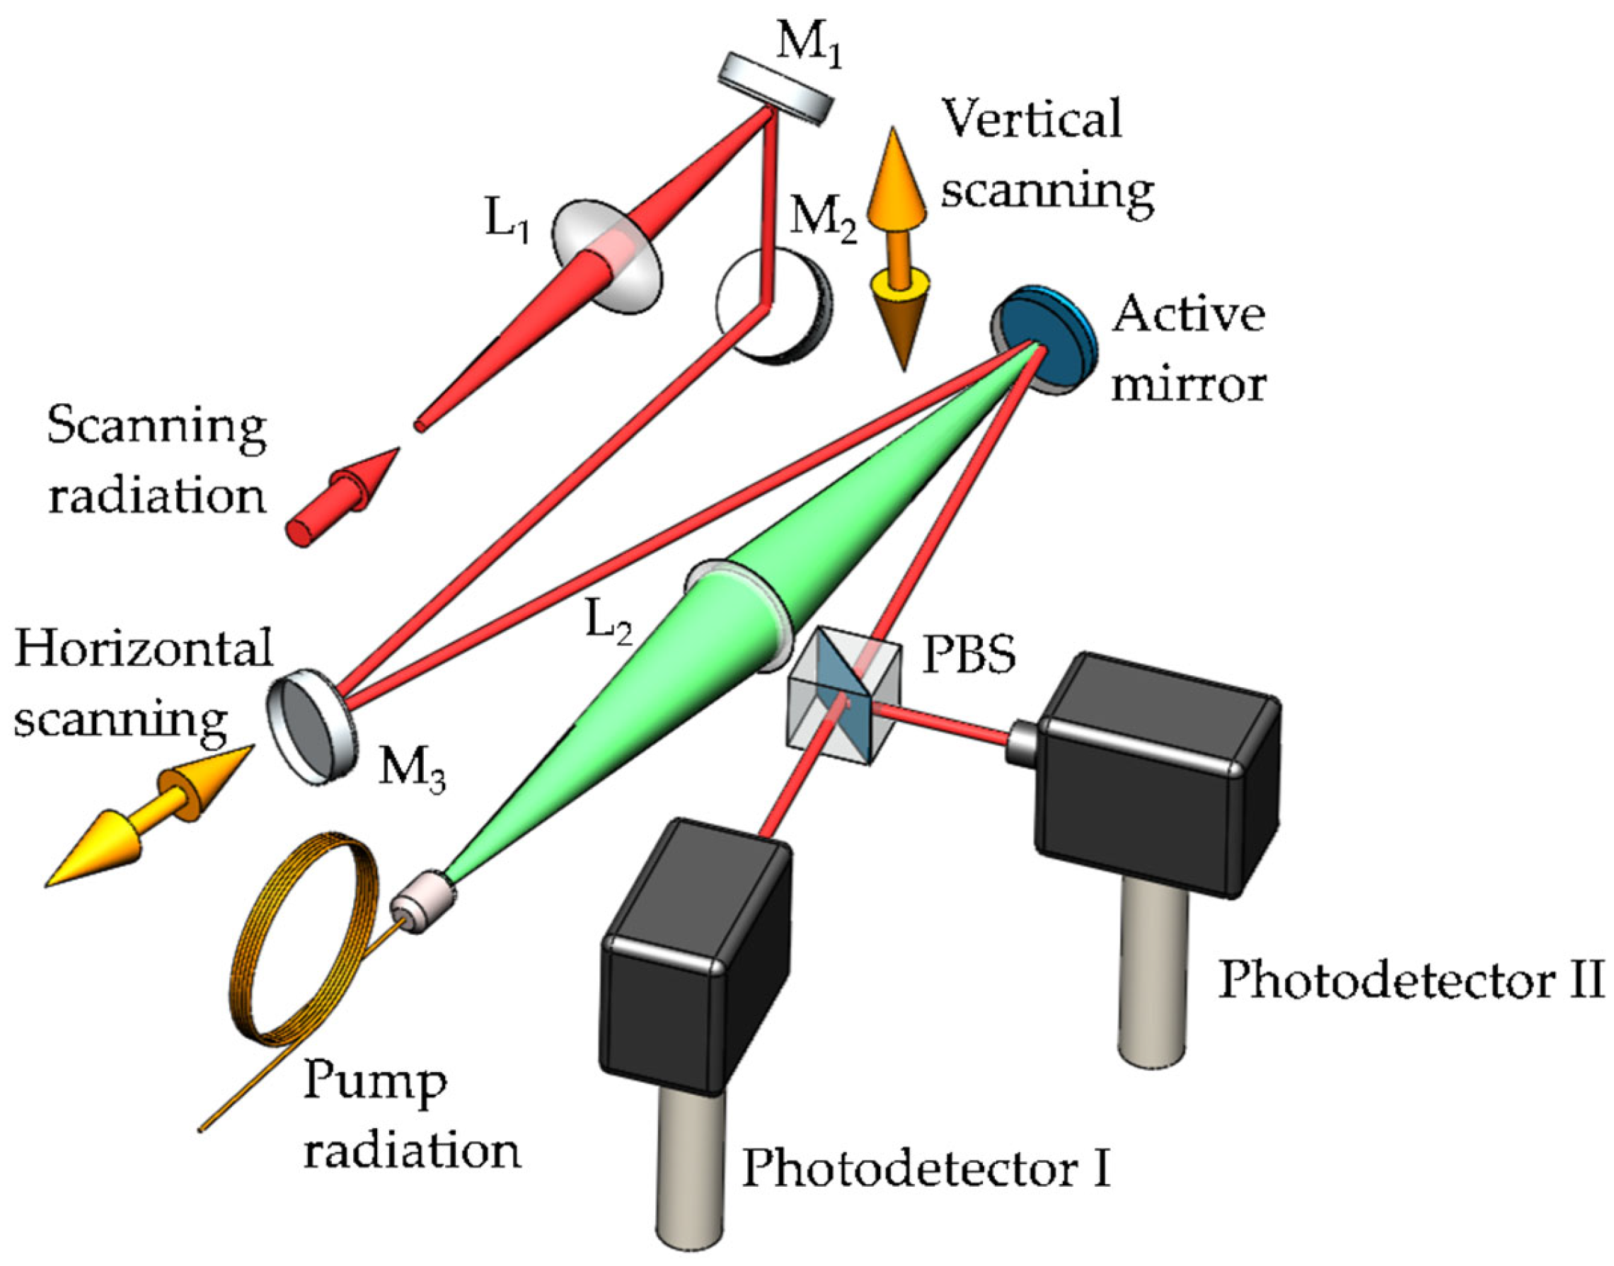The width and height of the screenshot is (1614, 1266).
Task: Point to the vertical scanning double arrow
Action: (899, 248)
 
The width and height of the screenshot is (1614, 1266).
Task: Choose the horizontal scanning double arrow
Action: (148, 815)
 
